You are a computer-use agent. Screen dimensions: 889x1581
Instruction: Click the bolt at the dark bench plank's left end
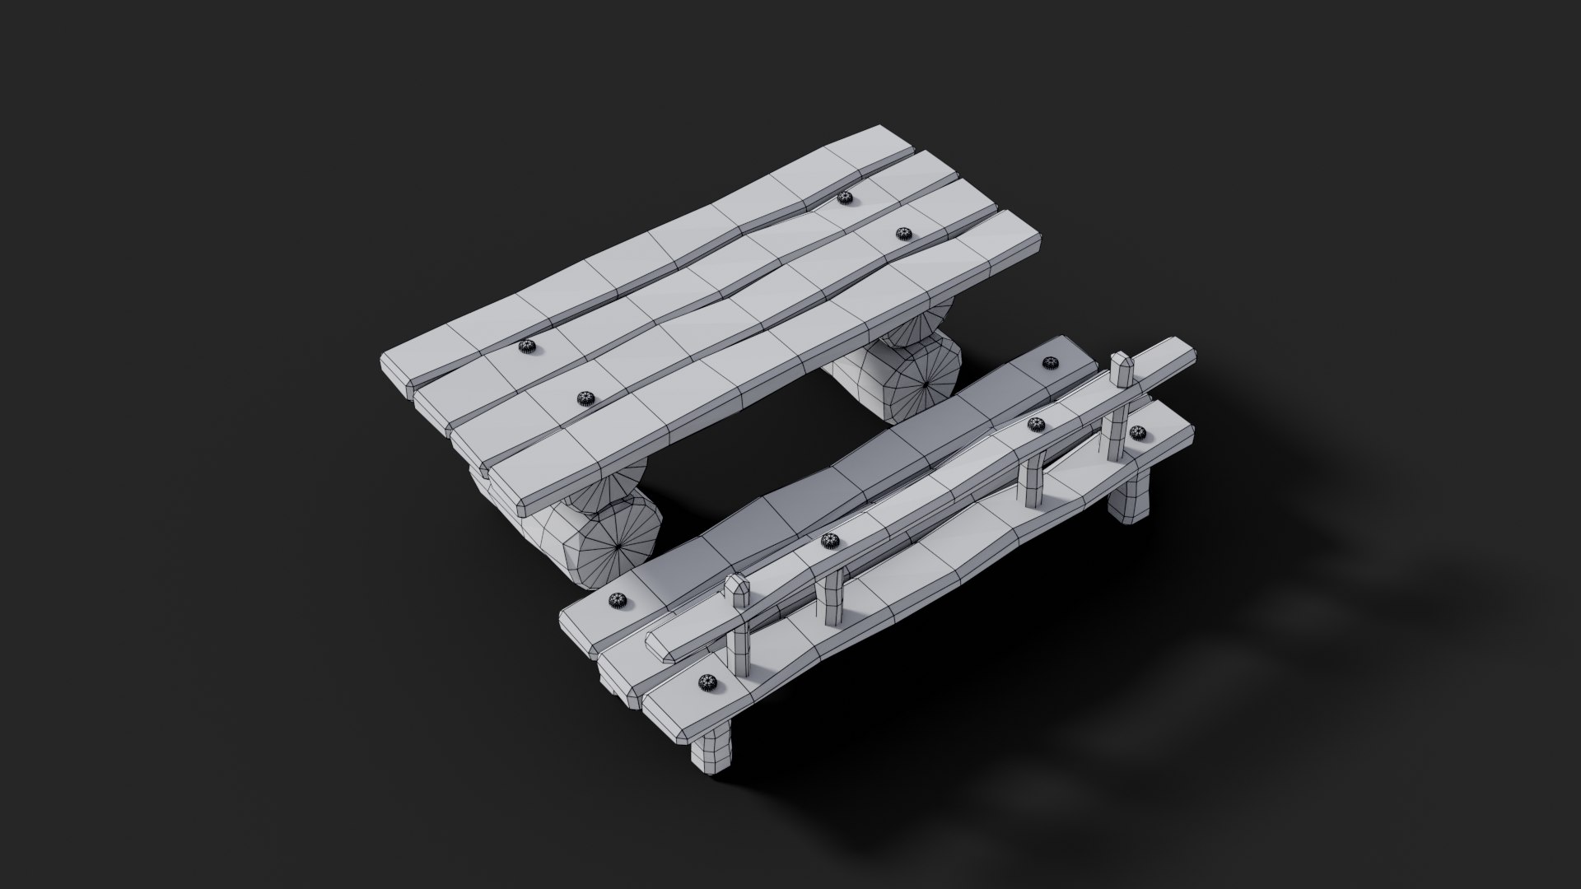coord(617,602)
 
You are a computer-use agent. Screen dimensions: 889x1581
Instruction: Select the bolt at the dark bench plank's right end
coord(1050,362)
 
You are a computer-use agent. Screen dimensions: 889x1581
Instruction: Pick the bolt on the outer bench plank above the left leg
coord(706,681)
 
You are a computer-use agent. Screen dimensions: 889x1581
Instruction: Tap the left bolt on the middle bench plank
coord(829,541)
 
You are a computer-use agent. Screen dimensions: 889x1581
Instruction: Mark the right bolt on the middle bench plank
coord(1037,424)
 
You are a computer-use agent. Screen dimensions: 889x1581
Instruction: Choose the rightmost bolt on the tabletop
coord(902,234)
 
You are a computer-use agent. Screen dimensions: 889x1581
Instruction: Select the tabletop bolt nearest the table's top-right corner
coord(842,198)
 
